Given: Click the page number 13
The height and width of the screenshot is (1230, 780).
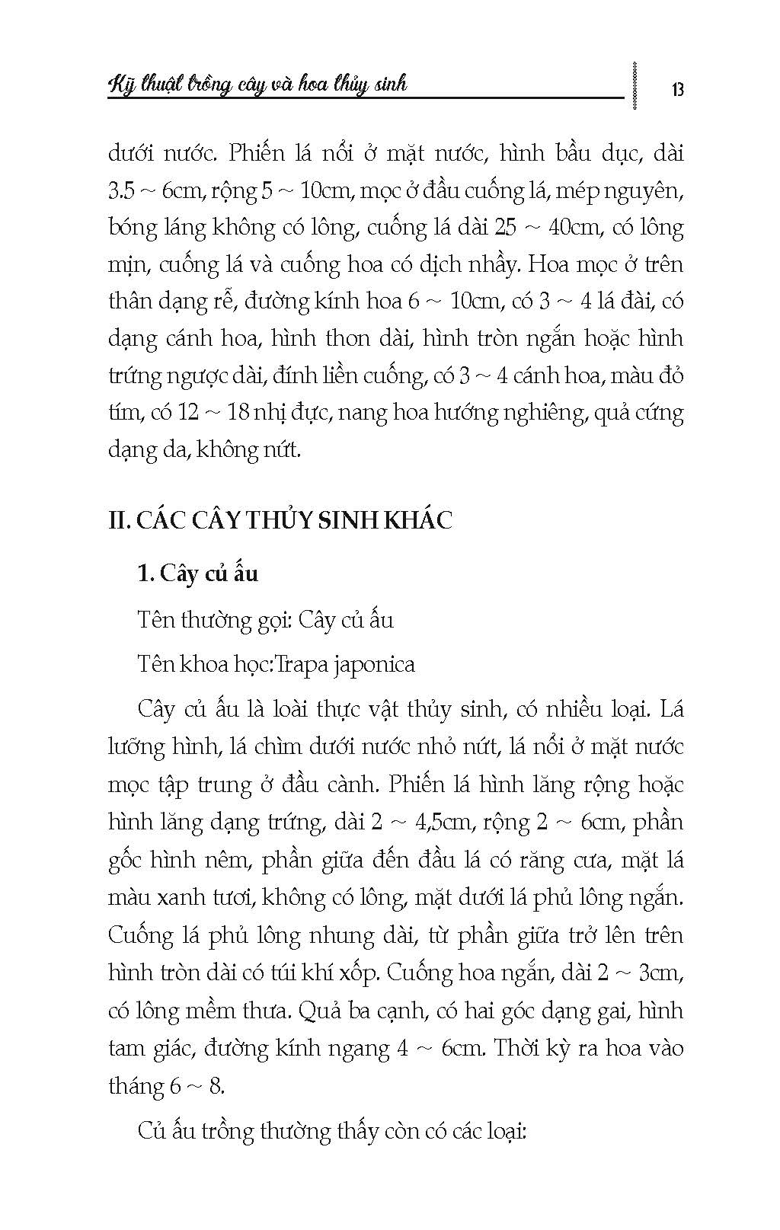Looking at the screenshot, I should coord(678,90).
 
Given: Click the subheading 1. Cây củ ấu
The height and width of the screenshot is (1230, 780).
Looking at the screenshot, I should coord(197,573).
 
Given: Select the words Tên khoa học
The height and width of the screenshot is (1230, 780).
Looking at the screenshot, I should coord(205,664).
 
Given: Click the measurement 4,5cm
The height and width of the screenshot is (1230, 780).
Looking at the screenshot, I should coord(454,823).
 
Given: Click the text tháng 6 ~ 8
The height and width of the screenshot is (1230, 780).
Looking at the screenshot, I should coord(166,1085).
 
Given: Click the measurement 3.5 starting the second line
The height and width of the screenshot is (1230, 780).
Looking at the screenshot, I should coord(124,190).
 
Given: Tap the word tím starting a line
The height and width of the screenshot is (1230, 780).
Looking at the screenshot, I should coord(123,413).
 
